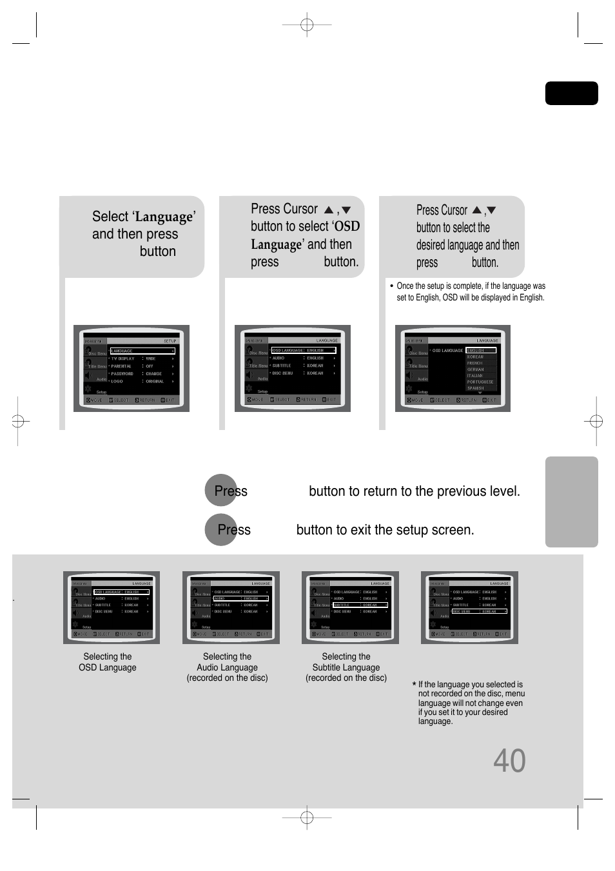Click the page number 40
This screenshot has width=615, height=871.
point(509,761)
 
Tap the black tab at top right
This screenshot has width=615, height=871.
point(571,93)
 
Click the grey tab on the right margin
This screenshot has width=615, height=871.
point(571,502)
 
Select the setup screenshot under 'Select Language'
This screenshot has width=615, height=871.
point(132,368)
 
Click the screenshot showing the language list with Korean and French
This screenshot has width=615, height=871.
point(453,368)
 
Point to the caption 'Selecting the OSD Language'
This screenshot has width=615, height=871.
point(108,662)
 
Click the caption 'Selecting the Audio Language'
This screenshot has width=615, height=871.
point(227,667)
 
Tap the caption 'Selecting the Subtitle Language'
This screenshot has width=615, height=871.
point(346,667)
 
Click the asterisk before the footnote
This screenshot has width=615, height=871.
point(414,685)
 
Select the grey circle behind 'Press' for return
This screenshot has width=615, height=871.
point(220,491)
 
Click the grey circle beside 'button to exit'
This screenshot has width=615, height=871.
point(220,530)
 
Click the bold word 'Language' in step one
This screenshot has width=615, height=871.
point(164,217)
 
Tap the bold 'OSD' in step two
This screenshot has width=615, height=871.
point(347,226)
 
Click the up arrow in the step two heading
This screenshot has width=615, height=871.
point(329,210)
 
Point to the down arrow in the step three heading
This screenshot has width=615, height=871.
point(491,210)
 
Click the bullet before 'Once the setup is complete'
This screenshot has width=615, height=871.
point(391,286)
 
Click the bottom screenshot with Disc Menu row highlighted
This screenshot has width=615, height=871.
point(469,607)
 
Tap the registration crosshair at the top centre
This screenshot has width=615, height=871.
point(307,25)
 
